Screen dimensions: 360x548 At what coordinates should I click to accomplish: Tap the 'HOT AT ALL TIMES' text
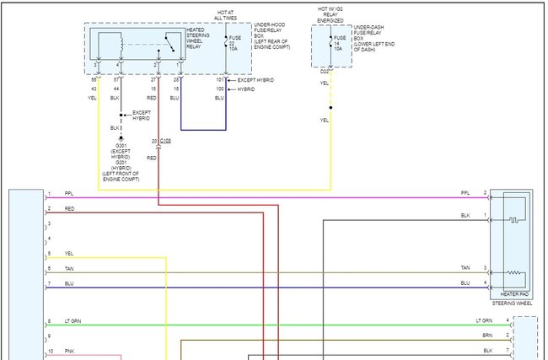click(x=225, y=13)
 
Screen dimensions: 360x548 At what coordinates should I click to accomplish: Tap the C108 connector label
click(x=165, y=140)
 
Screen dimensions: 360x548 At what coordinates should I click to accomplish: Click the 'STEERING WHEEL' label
click(x=511, y=301)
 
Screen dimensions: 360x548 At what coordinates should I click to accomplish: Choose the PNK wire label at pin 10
click(x=68, y=350)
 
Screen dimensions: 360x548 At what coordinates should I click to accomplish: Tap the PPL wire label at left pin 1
click(x=68, y=194)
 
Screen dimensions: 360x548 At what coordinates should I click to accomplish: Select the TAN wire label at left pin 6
click(x=68, y=268)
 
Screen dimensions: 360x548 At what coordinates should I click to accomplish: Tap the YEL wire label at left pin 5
click(x=68, y=253)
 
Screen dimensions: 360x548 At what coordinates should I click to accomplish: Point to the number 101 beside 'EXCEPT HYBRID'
click(x=219, y=79)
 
